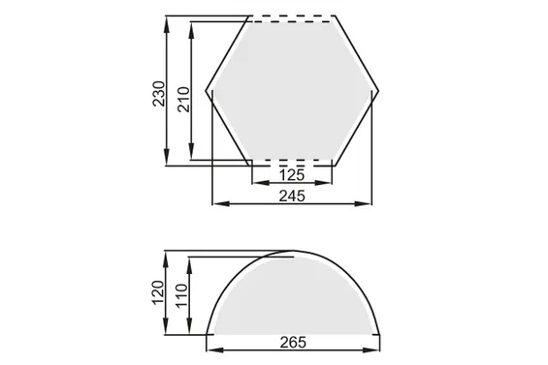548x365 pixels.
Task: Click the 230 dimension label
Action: (159, 94)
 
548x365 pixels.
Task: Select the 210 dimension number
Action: (183, 100)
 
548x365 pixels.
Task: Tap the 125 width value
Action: (292, 175)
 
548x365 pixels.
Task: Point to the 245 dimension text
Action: (292, 197)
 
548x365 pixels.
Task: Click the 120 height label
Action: (158, 292)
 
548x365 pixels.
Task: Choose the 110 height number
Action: (181, 295)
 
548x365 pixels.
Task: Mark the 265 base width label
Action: (293, 343)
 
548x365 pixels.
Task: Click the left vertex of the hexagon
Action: (206, 91)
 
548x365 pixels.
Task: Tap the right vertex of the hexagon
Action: (378, 91)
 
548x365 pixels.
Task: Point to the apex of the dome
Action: (293, 251)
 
